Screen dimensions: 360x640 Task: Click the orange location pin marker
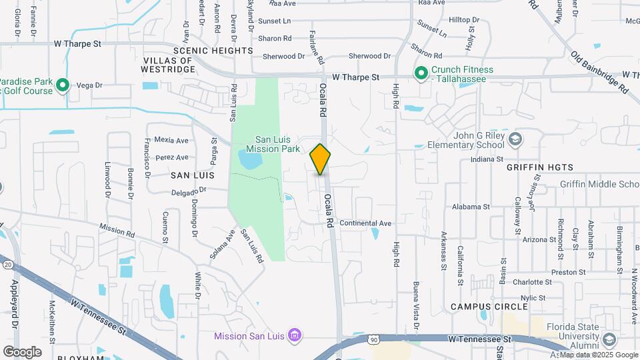click(x=321, y=159)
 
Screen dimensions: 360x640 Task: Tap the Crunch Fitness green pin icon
click(x=421, y=73)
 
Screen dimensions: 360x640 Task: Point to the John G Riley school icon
click(x=515, y=139)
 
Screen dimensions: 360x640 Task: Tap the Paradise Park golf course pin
click(x=63, y=85)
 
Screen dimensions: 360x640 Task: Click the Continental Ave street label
click(x=365, y=223)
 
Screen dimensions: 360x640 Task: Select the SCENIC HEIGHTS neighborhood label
click(x=213, y=51)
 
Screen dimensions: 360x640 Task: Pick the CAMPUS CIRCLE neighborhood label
click(x=489, y=307)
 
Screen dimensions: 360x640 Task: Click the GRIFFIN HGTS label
click(x=535, y=167)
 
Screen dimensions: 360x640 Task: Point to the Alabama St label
click(x=471, y=207)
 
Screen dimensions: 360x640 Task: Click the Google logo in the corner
click(x=22, y=351)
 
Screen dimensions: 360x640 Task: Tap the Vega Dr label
click(x=89, y=85)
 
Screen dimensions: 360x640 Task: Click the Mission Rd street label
click(x=117, y=229)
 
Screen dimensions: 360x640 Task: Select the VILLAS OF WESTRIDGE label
click(x=168, y=65)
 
